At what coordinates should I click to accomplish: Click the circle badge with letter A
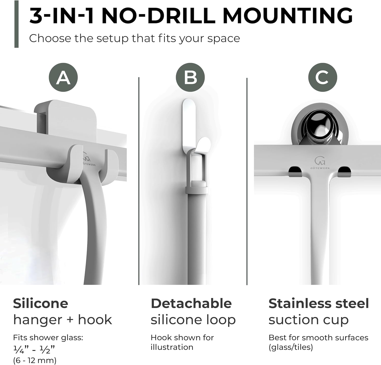click(x=63, y=77)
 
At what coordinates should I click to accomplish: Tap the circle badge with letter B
click(x=190, y=77)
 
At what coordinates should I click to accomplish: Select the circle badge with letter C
click(x=323, y=77)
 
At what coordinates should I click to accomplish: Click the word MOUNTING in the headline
click(x=288, y=16)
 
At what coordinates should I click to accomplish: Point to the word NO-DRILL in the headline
click(x=158, y=16)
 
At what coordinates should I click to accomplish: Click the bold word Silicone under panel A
click(x=41, y=303)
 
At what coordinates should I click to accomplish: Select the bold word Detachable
click(x=191, y=303)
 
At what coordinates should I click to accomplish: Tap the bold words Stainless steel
click(x=319, y=303)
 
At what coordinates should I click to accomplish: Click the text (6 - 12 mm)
click(x=35, y=360)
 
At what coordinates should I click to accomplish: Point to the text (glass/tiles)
click(x=291, y=347)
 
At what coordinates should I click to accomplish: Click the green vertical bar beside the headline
click(x=17, y=24)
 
